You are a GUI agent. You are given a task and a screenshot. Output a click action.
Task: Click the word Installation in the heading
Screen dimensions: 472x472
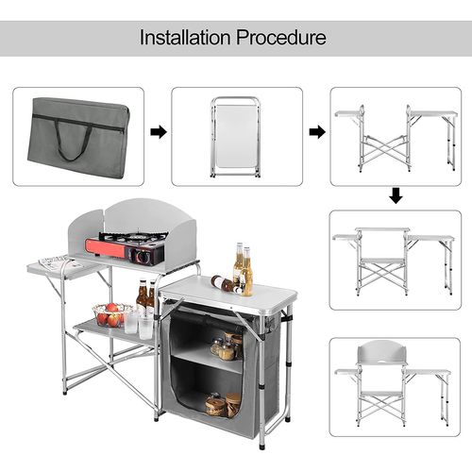pyautogui.click(x=185, y=39)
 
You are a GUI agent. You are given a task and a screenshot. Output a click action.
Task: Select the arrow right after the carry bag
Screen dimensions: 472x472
pyautogui.click(x=160, y=131)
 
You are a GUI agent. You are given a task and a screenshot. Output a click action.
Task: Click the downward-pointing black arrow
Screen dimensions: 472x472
pyautogui.click(x=396, y=195)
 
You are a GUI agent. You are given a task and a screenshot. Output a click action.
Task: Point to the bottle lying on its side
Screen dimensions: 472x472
pyautogui.click(x=223, y=282)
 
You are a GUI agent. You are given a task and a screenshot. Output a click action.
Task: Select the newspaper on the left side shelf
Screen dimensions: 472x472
pyautogui.click(x=51, y=264)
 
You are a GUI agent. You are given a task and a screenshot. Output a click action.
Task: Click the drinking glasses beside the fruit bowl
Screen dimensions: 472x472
pyautogui.click(x=139, y=324)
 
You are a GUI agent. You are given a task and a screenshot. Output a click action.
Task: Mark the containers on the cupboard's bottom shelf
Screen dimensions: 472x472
pyautogui.click(x=223, y=405)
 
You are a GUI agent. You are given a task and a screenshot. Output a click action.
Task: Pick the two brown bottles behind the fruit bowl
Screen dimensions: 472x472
pyautogui.click(x=146, y=297)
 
